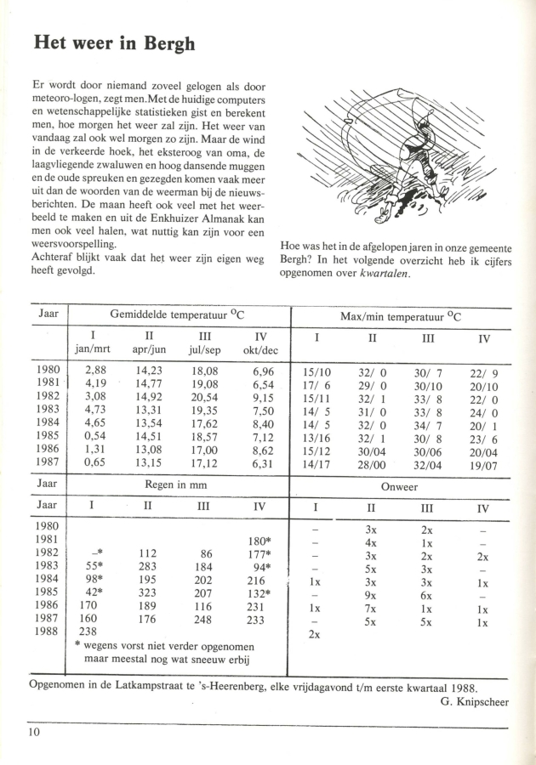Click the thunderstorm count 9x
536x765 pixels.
[x=370, y=593]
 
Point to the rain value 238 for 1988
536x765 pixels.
[x=88, y=632]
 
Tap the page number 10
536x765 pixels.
[x=33, y=732]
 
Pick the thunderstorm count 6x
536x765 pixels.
[x=427, y=593]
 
